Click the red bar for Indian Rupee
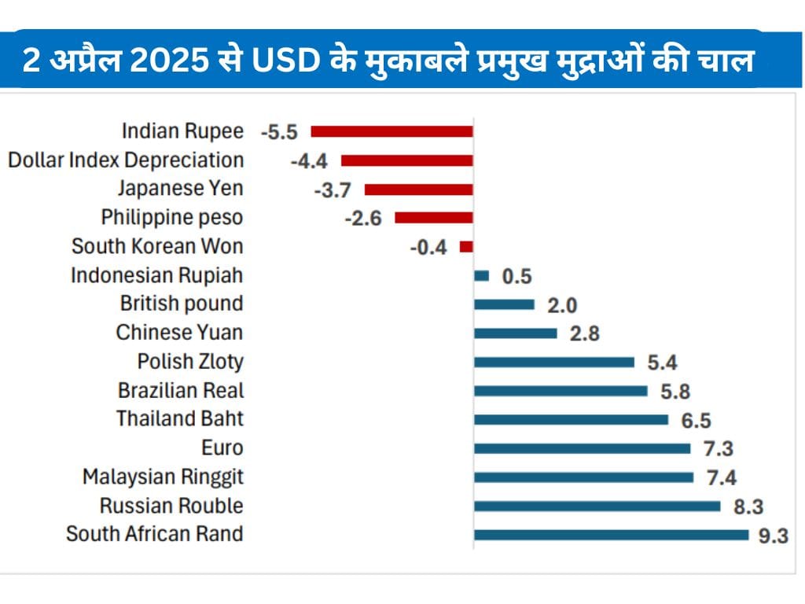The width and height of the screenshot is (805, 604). click(392, 131)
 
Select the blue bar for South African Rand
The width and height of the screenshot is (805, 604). click(611, 535)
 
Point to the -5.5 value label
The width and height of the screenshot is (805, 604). click(279, 132)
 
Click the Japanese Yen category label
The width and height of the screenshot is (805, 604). click(181, 189)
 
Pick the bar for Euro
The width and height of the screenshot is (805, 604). click(582, 448)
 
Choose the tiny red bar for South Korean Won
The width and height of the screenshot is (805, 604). click(466, 247)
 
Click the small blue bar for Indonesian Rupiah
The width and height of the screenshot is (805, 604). click(482, 276)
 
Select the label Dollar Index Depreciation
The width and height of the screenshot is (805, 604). click(126, 160)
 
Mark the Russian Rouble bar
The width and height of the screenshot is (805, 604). click(597, 506)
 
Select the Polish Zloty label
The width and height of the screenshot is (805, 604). click(190, 362)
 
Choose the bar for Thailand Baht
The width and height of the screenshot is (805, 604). click(571, 420)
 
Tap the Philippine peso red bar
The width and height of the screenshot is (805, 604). click(434, 218)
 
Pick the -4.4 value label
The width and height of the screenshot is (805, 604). click(309, 161)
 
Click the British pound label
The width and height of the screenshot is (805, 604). click(182, 304)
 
